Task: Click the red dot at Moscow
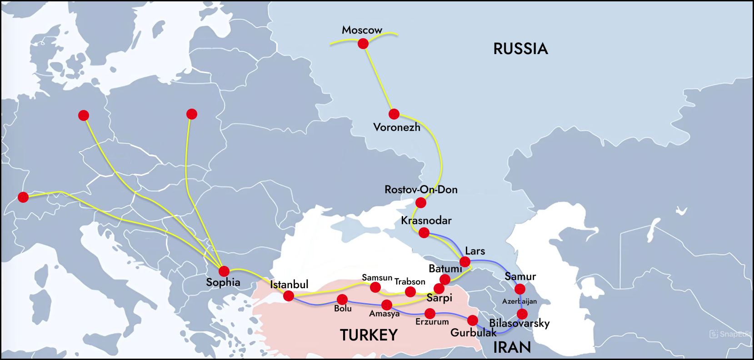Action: [x=363, y=44]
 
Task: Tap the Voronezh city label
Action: [x=397, y=127]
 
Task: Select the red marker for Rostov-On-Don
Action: [x=421, y=202]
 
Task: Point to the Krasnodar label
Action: [x=426, y=220]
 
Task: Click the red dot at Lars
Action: [x=465, y=262]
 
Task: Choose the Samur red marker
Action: [x=520, y=289]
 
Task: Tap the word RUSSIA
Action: [x=520, y=49]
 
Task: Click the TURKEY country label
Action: [x=369, y=335]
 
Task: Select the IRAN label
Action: [x=512, y=347]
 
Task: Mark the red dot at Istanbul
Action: [x=289, y=296]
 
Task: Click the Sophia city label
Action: [x=223, y=282]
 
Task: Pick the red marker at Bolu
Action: [x=342, y=300]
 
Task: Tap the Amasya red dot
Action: [x=387, y=305]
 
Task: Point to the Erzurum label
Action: [x=432, y=322]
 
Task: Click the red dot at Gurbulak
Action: [x=473, y=320]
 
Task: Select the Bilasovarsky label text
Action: [x=519, y=323]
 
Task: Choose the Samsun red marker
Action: [x=375, y=287]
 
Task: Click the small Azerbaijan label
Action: [x=519, y=301]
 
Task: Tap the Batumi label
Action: [x=445, y=269]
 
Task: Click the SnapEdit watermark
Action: [x=730, y=334]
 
